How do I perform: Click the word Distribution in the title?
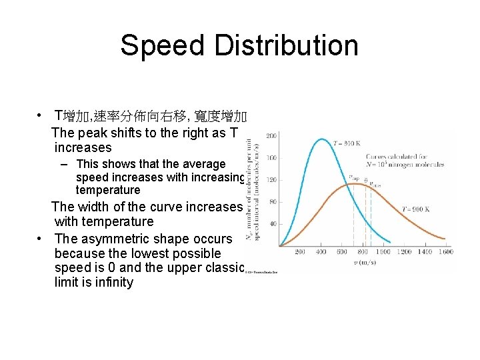(295, 45)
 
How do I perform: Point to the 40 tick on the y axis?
(273, 223)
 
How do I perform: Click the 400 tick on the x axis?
(321, 252)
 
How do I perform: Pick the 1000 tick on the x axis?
(383, 252)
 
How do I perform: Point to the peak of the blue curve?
(321, 139)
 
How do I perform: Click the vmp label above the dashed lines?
(353, 177)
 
